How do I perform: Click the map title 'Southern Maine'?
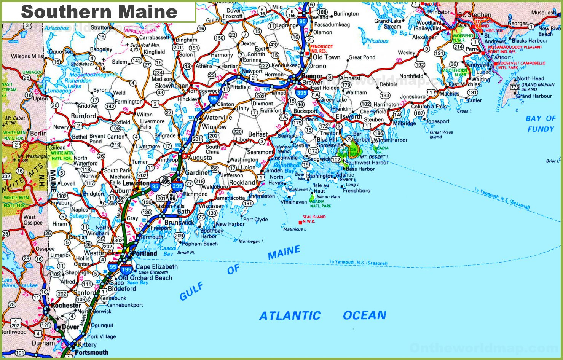pyautogui.click(x=99, y=12)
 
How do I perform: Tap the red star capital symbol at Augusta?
pyautogui.click(x=185, y=156)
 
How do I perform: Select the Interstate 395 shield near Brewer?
pyautogui.click(x=301, y=92)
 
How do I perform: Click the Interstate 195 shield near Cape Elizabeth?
pyautogui.click(x=126, y=269)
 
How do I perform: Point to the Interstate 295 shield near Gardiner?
pyautogui.click(x=177, y=186)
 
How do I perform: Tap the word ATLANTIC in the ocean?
pyautogui.click(x=290, y=315)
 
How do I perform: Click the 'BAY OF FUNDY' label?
pyautogui.click(x=541, y=124)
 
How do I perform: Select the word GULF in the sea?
pyautogui.click(x=191, y=292)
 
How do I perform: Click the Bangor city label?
pyautogui.click(x=312, y=76)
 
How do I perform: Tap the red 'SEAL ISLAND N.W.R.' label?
pyautogui.click(x=314, y=219)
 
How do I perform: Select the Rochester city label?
pyautogui.click(x=66, y=305)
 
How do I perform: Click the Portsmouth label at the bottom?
pyautogui.click(x=91, y=352)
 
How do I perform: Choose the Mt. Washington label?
pyautogui.click(x=33, y=156)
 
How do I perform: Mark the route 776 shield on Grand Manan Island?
pyautogui.click(x=515, y=87)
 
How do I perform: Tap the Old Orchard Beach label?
pyautogui.click(x=145, y=278)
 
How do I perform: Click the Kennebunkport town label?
pyautogui.click(x=124, y=305)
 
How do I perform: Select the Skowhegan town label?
pyautogui.click(x=172, y=86)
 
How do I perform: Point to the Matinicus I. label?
pyautogui.click(x=295, y=229)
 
